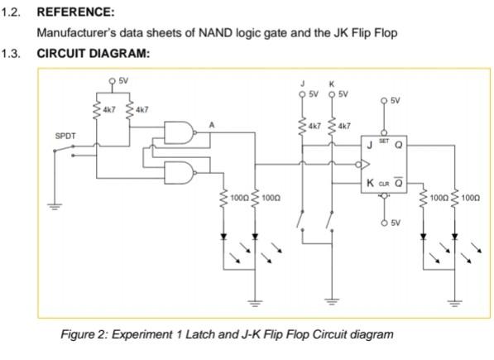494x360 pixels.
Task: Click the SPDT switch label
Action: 65,133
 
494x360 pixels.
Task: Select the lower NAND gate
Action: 180,172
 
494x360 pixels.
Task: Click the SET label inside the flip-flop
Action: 383,142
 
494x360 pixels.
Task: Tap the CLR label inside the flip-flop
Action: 383,183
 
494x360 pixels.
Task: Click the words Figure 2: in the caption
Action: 84,334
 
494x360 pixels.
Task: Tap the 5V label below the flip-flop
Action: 396,223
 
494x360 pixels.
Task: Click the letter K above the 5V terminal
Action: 332,84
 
